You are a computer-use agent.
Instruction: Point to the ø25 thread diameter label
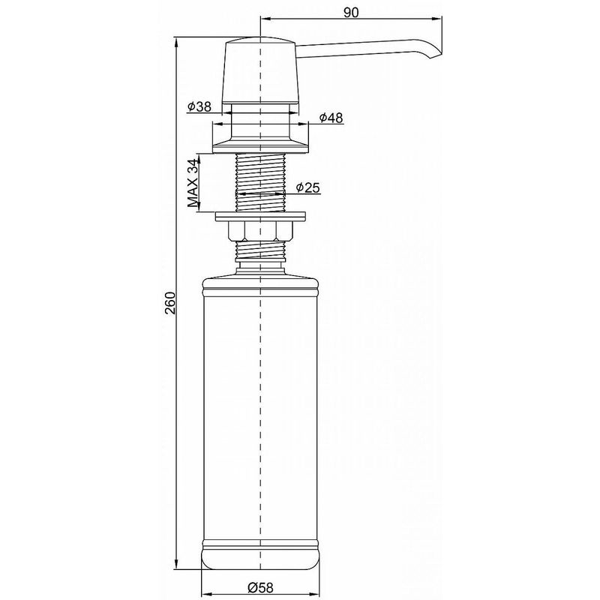coord(308,187)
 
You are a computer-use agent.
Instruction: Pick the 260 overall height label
coord(169,301)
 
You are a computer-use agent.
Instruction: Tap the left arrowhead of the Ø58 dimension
coord(206,590)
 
